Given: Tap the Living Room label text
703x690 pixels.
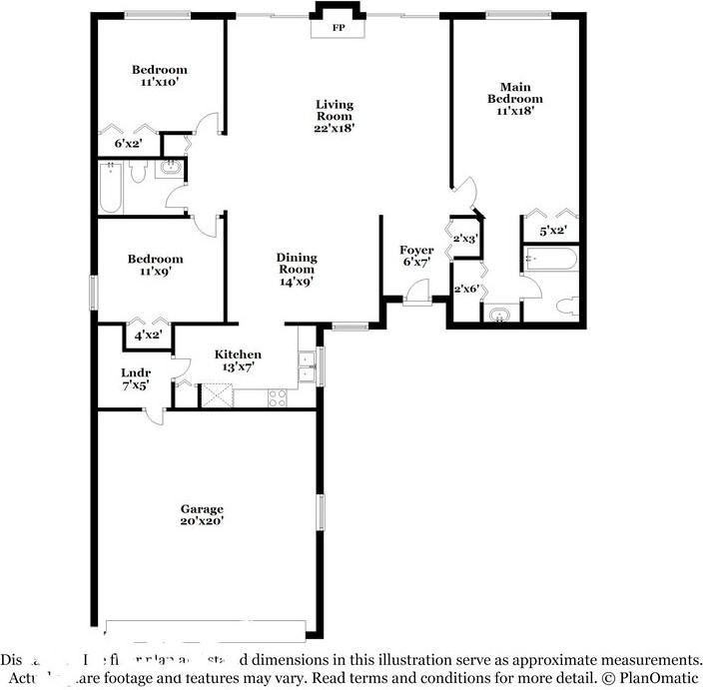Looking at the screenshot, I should coord(335,116).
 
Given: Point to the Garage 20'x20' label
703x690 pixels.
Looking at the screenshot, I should coord(202,514).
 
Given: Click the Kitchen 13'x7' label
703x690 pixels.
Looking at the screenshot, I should coord(239,360).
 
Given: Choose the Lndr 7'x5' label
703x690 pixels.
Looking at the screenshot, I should coord(135,378).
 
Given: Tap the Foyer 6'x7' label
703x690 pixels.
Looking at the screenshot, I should coord(416,256).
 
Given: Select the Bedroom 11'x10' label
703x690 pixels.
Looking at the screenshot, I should coord(160,76).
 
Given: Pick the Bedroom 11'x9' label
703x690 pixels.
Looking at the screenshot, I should coord(155,265).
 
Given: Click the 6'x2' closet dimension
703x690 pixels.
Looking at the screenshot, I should coord(128,144).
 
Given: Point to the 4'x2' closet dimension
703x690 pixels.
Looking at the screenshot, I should coord(149,336).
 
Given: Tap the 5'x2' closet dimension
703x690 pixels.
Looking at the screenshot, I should coord(552,231).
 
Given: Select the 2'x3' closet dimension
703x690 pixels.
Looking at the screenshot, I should coord(464,239).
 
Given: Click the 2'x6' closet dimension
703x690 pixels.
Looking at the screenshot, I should coord(466,290).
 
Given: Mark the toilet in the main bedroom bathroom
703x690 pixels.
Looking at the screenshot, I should coord(564,306).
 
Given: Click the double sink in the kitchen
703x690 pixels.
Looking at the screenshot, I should coord(308,365).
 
